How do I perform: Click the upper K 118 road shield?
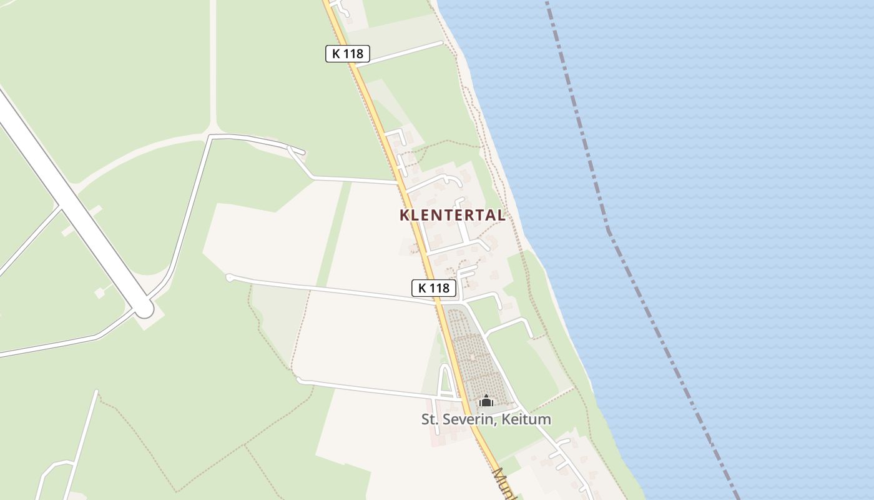pyautogui.click(x=348, y=54)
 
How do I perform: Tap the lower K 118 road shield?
pyautogui.click(x=434, y=288)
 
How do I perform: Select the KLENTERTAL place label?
pyautogui.click(x=452, y=215)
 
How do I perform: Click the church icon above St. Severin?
pyautogui.click(x=486, y=401)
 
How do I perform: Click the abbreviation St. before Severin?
pyautogui.click(x=431, y=419)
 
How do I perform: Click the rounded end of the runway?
pyautogui.click(x=144, y=308)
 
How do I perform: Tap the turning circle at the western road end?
pyautogui.click(x=229, y=277)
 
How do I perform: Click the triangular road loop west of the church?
pyautogui.click(x=446, y=382)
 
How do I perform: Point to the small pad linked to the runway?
pyautogui.click(x=100, y=292)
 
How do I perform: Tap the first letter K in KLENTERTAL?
pyautogui.click(x=405, y=215)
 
